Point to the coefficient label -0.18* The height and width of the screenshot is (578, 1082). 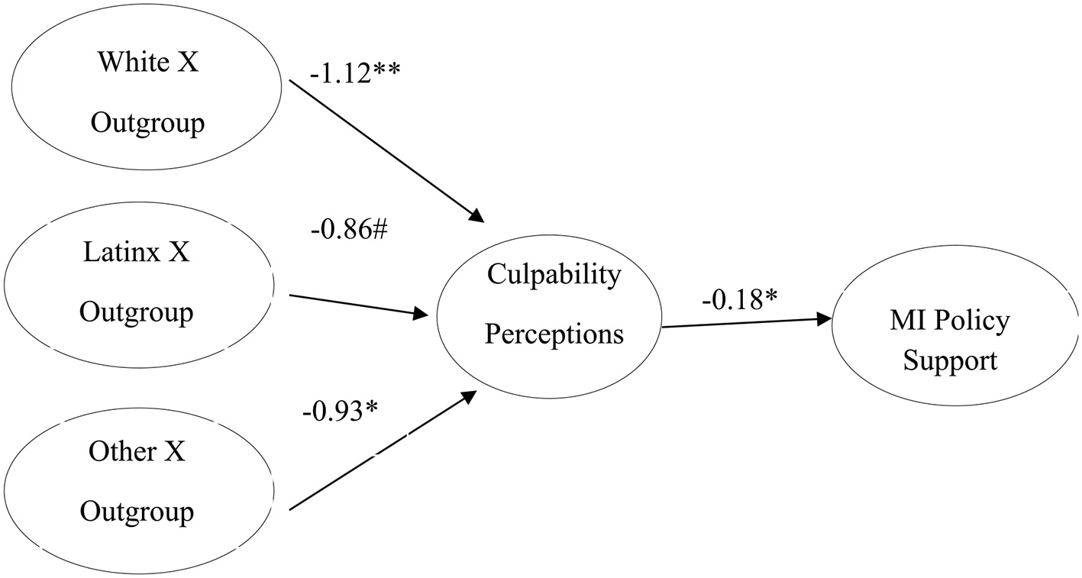tap(740, 299)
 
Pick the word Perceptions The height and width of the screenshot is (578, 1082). tap(554, 334)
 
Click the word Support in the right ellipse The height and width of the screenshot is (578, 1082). tap(950, 360)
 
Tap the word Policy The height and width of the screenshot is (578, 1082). tap(974, 321)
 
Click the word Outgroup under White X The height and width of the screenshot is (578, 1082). tap(147, 123)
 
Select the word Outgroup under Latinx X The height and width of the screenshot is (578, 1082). tap(137, 312)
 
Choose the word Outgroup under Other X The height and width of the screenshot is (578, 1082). tap(137, 511)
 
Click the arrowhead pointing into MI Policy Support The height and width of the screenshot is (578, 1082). tap(824, 319)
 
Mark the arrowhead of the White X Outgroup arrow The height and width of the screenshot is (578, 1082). tap(476, 217)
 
